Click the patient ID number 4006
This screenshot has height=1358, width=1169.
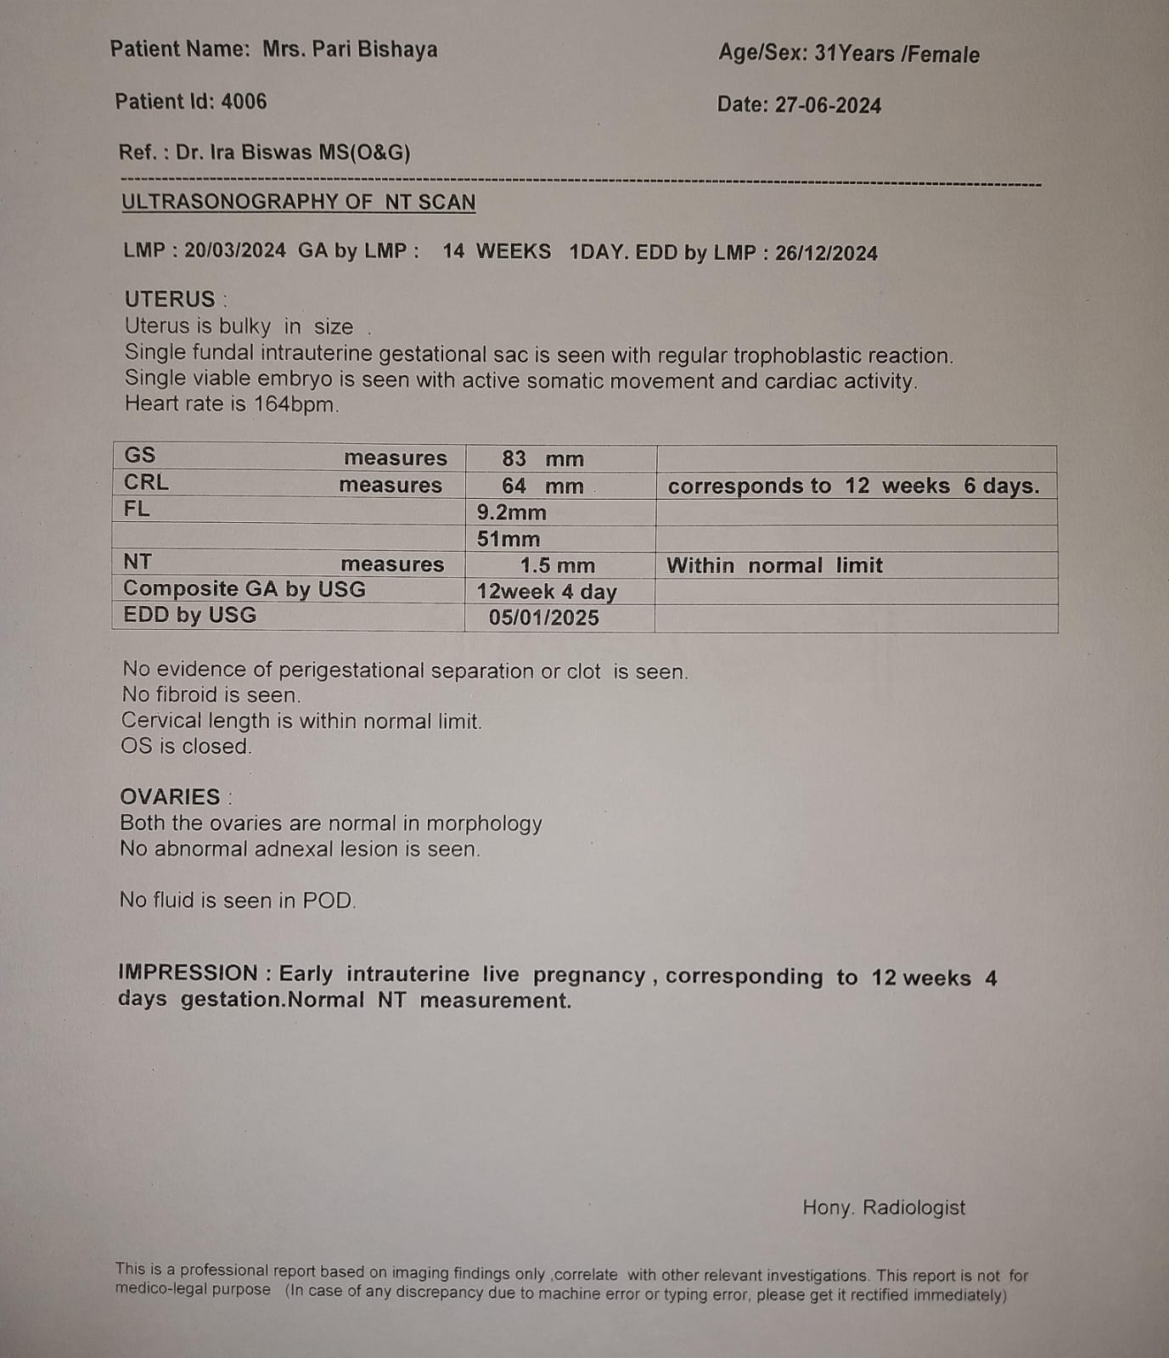(244, 102)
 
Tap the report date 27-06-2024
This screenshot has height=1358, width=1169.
(828, 105)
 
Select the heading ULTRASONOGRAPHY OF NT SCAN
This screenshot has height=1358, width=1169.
(298, 202)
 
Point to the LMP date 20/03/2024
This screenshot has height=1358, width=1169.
(235, 251)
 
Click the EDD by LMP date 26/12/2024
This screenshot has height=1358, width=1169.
(826, 253)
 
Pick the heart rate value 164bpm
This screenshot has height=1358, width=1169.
(295, 404)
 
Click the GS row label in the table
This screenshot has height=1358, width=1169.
(140, 456)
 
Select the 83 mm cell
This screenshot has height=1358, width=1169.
(542, 459)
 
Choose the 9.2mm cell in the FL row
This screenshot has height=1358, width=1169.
(511, 513)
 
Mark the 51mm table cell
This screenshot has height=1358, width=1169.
(508, 539)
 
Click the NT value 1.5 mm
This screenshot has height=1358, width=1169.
(557, 565)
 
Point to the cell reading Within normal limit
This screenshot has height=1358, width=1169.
(774, 565)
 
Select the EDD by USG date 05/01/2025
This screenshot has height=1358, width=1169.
(543, 618)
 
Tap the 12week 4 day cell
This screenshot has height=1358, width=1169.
(547, 592)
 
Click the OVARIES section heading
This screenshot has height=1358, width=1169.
(170, 797)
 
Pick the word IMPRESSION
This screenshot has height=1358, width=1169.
(188, 973)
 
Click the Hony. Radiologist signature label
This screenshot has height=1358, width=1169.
(884, 1208)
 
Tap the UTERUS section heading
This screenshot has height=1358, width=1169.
(170, 300)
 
